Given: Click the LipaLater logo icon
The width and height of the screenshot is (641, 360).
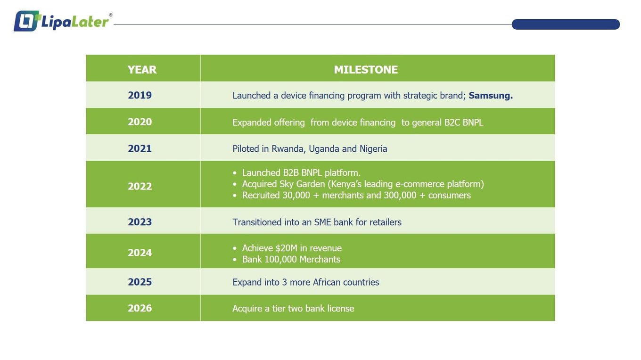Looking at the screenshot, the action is click(x=26, y=21).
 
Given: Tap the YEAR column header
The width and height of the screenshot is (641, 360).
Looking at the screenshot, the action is click(x=142, y=70).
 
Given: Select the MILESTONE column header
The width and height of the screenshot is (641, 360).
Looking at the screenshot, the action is click(x=366, y=70).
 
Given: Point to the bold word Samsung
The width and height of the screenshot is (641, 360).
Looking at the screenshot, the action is click(x=491, y=96).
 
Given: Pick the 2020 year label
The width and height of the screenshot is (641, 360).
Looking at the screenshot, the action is click(x=140, y=122).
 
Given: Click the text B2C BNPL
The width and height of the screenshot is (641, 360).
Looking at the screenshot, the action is click(x=464, y=123).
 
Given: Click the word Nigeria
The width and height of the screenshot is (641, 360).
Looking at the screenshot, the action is click(x=373, y=149).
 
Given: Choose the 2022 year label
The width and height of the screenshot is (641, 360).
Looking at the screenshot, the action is click(x=140, y=186).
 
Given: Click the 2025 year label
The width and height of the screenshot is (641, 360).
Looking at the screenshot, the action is click(x=140, y=282).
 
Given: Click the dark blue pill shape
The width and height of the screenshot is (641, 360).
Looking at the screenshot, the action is click(x=566, y=25).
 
